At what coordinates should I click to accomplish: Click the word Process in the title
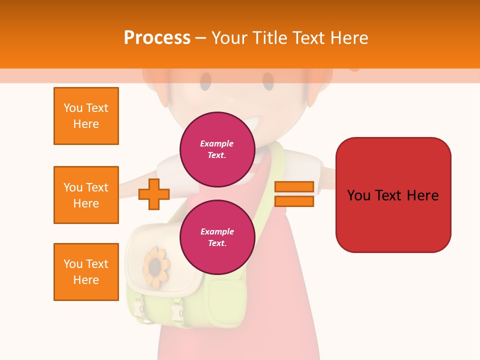pyautogui.click(x=157, y=38)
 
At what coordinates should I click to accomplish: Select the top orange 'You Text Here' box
pyautogui.click(x=86, y=116)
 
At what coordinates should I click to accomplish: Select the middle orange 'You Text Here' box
pyautogui.click(x=86, y=195)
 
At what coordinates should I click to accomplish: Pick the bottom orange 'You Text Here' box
pyautogui.click(x=86, y=272)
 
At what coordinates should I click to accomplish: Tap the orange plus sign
pyautogui.click(x=154, y=194)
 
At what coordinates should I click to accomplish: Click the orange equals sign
pyautogui.click(x=294, y=194)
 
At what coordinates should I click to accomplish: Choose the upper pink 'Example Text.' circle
pyautogui.click(x=217, y=149)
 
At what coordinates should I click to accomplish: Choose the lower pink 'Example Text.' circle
pyautogui.click(x=217, y=237)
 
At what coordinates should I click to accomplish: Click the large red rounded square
pyautogui.click(x=393, y=195)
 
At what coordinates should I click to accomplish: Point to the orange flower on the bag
pyautogui.click(x=157, y=266)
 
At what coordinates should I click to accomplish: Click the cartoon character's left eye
pyautogui.click(x=205, y=81)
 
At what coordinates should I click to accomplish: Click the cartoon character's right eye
pyautogui.click(x=268, y=81)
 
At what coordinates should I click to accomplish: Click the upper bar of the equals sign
pyautogui.click(x=294, y=187)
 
